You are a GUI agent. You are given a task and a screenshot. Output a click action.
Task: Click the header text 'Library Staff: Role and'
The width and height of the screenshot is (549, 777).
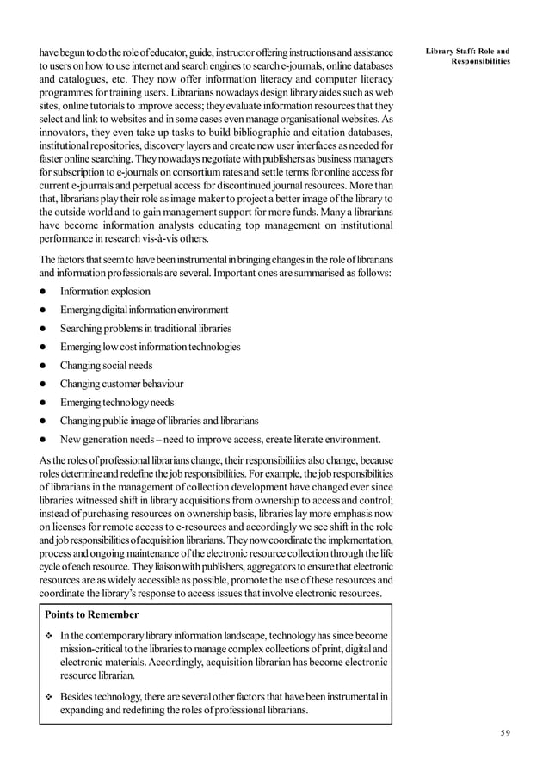[468, 51]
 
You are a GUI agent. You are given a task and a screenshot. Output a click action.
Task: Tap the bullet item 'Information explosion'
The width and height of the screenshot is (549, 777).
[105, 291]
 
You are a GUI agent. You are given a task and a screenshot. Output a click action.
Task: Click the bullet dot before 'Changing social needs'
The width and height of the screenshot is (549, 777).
[40, 366]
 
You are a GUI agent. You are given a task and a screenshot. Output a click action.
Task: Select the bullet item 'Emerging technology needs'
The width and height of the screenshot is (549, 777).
[116, 403]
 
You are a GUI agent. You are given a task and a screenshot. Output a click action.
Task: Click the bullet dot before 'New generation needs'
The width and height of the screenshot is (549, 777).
[40, 440]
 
